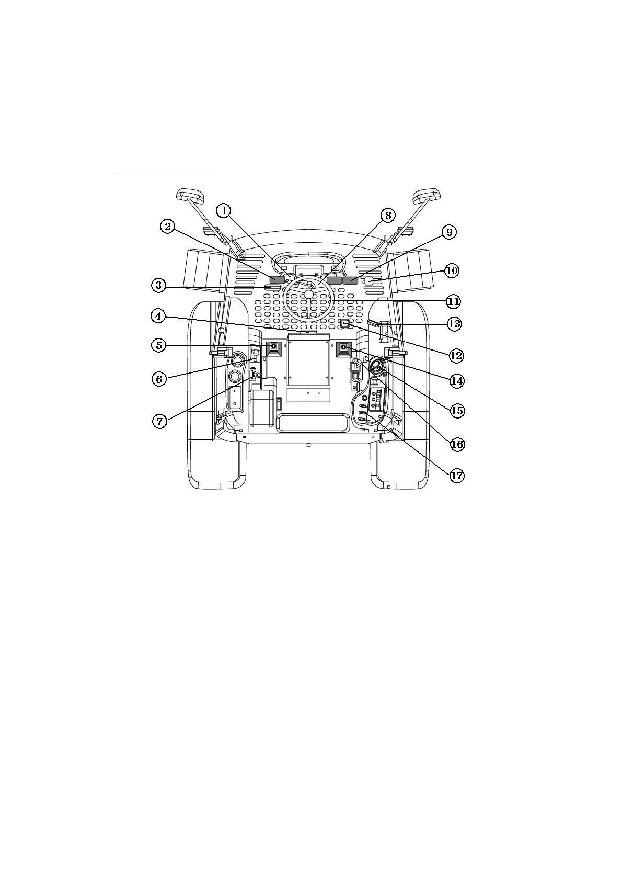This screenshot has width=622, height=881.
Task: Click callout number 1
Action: click(x=224, y=210)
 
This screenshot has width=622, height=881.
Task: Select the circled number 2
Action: click(x=167, y=227)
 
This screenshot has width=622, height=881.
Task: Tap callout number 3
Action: click(x=159, y=286)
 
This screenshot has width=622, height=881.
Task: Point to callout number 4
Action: click(x=159, y=316)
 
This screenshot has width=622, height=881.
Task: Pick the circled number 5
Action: click(x=159, y=345)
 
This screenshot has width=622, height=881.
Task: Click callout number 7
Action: click(x=160, y=421)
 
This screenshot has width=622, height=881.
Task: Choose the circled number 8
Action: click(x=387, y=215)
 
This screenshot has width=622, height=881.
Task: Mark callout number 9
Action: click(x=449, y=232)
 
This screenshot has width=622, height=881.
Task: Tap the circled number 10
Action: click(x=452, y=270)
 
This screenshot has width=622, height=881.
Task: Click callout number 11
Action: click(x=453, y=301)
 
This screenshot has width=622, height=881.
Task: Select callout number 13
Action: click(x=454, y=324)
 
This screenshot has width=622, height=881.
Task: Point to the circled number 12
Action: click(x=456, y=356)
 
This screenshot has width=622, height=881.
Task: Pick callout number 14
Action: click(x=456, y=380)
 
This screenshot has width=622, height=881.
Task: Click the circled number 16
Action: click(x=457, y=444)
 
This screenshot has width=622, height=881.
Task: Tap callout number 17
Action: click(x=456, y=476)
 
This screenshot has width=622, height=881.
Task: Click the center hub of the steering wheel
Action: click(x=309, y=294)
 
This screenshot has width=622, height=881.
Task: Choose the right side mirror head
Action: click(x=428, y=197)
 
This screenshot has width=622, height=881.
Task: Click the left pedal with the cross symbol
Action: click(x=274, y=347)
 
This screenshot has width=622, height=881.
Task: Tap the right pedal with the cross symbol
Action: click(x=343, y=347)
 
